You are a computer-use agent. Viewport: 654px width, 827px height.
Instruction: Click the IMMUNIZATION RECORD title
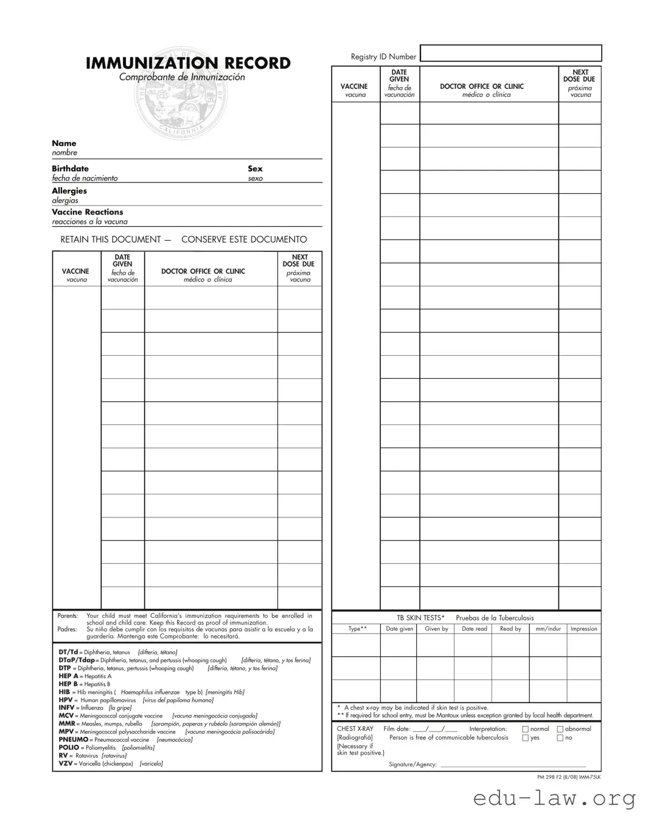click(188, 63)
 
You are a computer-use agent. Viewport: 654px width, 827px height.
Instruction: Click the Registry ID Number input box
click(510, 54)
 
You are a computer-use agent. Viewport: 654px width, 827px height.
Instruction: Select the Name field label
click(64, 144)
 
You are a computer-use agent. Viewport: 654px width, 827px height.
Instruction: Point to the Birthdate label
click(70, 168)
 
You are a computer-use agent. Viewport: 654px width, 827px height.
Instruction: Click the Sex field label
click(255, 168)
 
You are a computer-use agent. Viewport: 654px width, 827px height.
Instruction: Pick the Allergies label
click(69, 191)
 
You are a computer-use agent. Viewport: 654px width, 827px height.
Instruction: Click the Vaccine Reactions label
click(87, 212)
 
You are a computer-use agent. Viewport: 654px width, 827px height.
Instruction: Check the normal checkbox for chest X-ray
click(526, 729)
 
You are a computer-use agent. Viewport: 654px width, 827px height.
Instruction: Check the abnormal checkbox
click(560, 729)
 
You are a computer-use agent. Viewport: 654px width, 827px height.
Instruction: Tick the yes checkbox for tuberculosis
click(526, 738)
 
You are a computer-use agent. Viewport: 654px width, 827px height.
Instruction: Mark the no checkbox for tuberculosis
click(560, 738)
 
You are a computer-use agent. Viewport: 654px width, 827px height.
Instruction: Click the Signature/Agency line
click(512, 765)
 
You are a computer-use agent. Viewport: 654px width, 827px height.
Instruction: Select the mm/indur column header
click(548, 629)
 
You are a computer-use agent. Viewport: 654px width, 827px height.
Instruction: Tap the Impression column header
click(583, 629)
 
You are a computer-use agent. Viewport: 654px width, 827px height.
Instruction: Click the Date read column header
click(474, 629)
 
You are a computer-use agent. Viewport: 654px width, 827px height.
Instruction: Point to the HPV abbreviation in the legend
click(66, 700)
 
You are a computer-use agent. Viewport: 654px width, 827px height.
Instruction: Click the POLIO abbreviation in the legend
click(69, 747)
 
